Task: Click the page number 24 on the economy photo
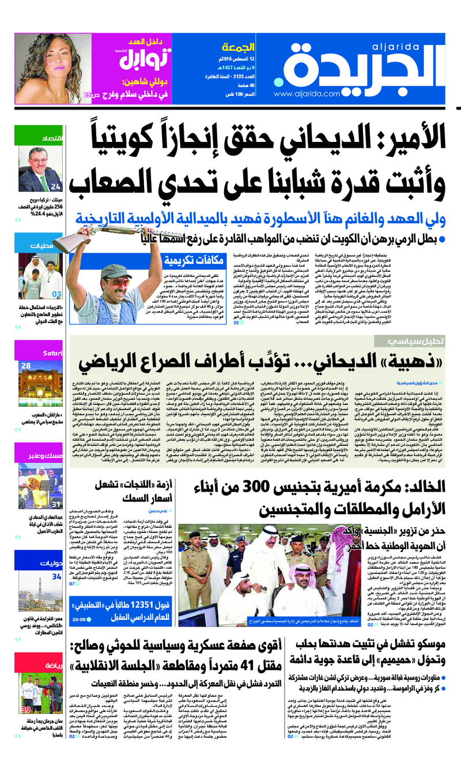55,186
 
